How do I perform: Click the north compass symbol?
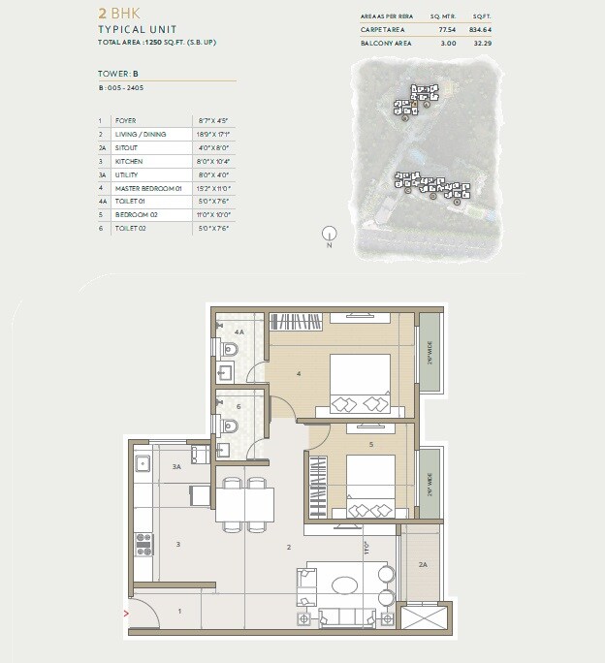coord(330,233)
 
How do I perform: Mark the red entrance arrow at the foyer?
coord(127,613)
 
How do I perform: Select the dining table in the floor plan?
coord(244,504)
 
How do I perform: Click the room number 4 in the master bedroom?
coord(299,373)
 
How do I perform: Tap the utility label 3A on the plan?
coord(176,467)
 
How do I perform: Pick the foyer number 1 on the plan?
coord(178,611)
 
